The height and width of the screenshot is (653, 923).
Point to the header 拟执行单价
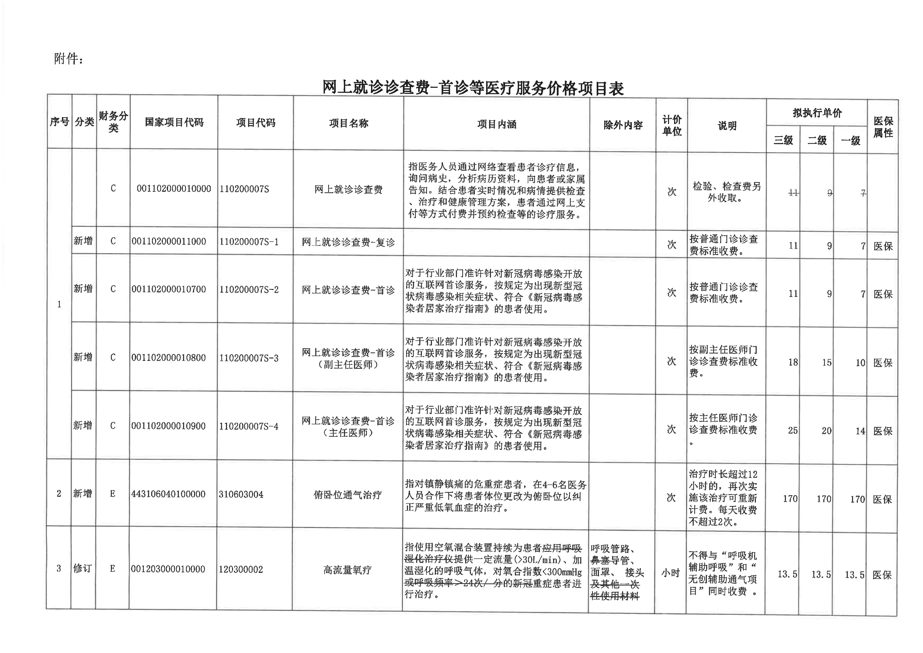(817, 113)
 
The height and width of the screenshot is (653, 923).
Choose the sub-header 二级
(817, 140)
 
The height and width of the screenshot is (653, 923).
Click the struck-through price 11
(793, 193)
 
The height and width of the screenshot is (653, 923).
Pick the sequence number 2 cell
(59, 493)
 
